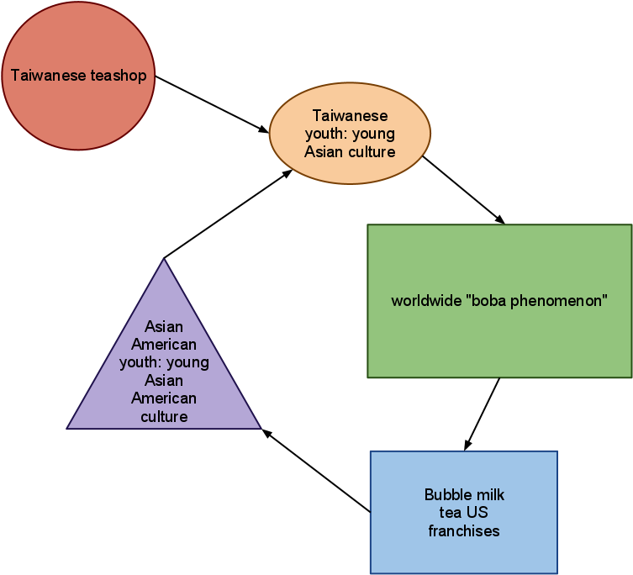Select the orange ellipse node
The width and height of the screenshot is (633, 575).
[x=350, y=168]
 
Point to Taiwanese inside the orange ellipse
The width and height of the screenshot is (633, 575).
[x=350, y=115]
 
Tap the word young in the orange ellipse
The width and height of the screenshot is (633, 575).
[x=373, y=134]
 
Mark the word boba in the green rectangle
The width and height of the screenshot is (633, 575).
[x=488, y=301]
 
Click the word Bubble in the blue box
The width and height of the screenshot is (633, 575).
[x=448, y=494]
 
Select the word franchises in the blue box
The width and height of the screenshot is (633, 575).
[x=464, y=531]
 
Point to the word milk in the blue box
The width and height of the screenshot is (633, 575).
[x=490, y=494]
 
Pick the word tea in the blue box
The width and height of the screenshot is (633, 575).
[x=450, y=513]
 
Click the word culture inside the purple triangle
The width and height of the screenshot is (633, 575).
[x=164, y=416]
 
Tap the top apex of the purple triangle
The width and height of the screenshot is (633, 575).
[x=164, y=261]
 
